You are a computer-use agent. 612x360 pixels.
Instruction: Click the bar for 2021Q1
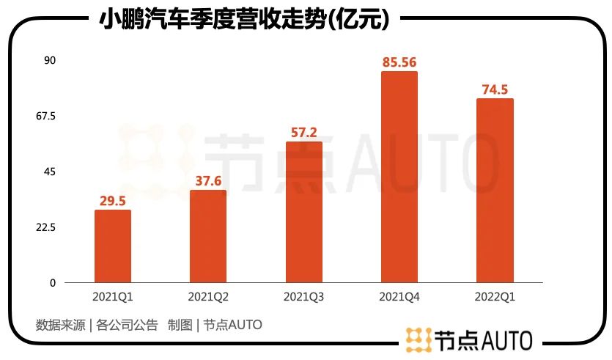click(113, 246)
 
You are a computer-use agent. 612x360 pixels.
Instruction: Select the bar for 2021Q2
click(208, 236)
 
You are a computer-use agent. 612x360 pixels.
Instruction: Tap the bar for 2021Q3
click(304, 212)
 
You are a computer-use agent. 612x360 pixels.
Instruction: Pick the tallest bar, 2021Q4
click(399, 177)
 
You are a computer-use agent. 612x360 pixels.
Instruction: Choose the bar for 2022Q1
click(495, 191)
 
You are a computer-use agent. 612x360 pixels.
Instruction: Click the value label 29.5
click(113, 201)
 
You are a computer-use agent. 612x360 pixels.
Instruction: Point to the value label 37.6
click(208, 181)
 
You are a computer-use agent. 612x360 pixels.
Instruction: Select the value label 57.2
click(304, 132)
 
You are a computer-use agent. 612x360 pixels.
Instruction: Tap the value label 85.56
click(399, 62)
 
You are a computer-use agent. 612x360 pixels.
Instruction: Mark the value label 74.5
click(495, 89)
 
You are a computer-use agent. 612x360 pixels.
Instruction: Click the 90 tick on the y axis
click(50, 60)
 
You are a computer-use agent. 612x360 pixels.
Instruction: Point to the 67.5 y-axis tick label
click(47, 116)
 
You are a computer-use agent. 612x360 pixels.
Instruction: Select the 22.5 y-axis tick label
click(47, 227)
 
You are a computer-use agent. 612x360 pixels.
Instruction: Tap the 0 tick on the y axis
click(53, 283)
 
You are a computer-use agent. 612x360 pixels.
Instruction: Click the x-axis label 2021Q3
click(304, 298)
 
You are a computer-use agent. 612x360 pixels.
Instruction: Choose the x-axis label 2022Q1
click(495, 298)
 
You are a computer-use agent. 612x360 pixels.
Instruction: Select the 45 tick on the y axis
click(50, 172)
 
